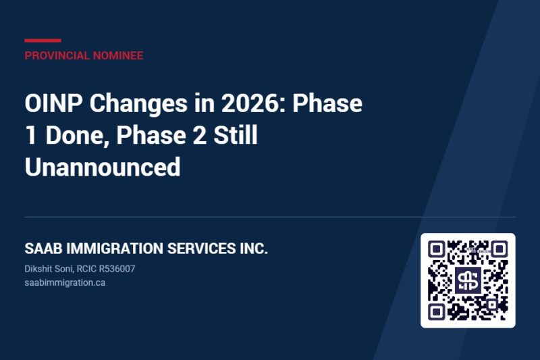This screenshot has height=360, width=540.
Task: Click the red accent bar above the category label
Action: click(43, 41)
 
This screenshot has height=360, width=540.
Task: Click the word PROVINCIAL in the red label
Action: click(57, 55)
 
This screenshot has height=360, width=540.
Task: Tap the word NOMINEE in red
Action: click(118, 55)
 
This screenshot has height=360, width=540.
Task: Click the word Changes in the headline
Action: click(138, 104)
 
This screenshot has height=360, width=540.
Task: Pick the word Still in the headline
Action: click(236, 134)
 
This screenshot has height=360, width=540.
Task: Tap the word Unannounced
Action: click(103, 167)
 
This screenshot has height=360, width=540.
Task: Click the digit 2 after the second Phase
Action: click(199, 135)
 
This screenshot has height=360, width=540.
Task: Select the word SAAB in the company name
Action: click(43, 249)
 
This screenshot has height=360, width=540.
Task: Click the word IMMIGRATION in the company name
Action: click(115, 249)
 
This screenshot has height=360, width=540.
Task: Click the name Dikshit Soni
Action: click(48, 269)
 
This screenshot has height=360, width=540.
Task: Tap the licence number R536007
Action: click(117, 269)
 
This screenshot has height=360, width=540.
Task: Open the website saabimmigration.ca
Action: click(65, 283)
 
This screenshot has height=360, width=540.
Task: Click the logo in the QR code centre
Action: click(468, 280)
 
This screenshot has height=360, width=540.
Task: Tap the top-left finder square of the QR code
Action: click(436, 249)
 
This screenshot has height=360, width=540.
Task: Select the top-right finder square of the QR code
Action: click(500, 249)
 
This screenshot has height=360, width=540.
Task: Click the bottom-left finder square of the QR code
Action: click(436, 312)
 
